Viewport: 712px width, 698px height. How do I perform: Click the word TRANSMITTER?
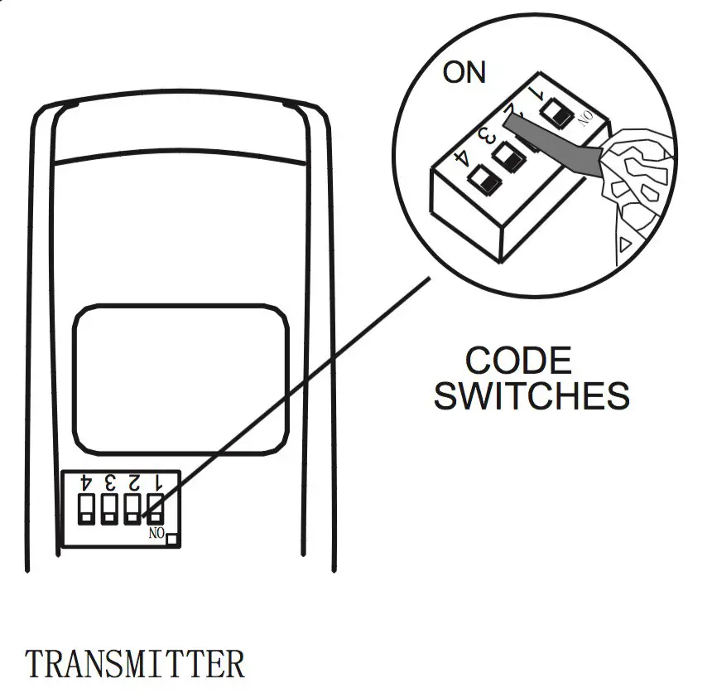(135, 664)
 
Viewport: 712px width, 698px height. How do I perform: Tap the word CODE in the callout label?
(518, 361)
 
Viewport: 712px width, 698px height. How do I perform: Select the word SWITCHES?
(532, 396)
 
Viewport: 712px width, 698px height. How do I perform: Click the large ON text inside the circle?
(464, 72)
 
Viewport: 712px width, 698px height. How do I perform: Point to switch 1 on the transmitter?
(155, 507)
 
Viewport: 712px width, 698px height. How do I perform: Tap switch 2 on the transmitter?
(132, 507)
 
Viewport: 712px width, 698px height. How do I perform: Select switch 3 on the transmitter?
(109, 507)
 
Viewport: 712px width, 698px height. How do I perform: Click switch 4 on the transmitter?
(87, 507)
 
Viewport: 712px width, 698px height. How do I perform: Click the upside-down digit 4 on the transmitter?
(86, 481)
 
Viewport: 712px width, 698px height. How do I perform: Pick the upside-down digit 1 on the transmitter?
(156, 481)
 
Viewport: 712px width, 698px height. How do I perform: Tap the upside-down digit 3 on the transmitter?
(109, 481)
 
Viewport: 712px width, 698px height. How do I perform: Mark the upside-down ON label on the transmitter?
(156, 533)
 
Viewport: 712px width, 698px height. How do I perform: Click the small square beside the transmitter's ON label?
(173, 540)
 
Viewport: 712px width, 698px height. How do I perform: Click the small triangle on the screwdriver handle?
(627, 243)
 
